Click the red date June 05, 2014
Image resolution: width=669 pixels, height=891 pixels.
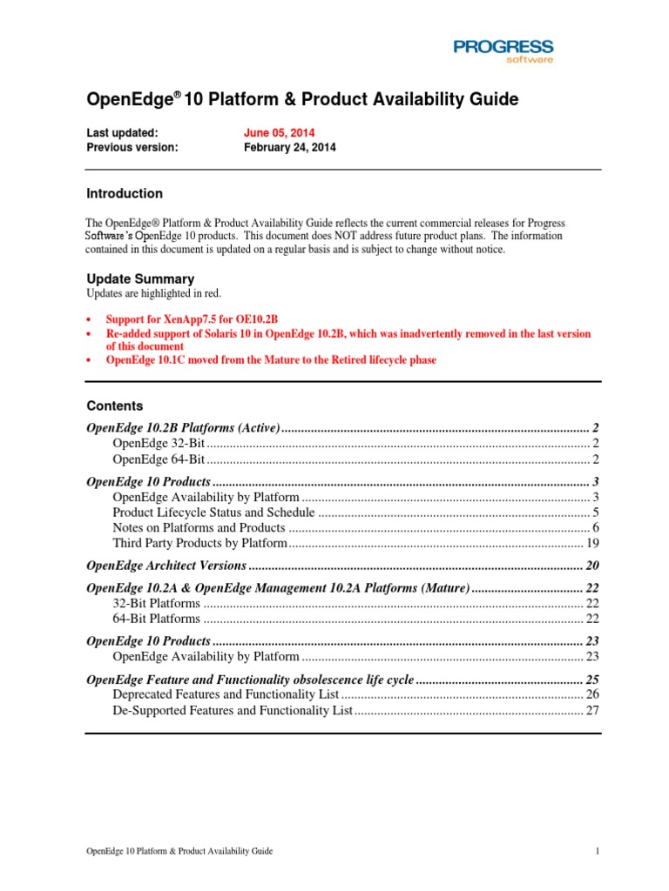point(279,133)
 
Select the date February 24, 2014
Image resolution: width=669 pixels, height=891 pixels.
point(289,148)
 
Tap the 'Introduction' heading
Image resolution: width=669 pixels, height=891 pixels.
point(124,194)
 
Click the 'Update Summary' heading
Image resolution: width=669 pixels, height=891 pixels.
point(140,279)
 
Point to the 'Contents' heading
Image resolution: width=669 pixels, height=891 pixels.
point(115,406)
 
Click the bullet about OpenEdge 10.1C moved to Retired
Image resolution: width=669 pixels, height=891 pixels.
point(271,360)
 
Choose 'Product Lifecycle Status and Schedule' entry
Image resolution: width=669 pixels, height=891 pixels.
point(213,512)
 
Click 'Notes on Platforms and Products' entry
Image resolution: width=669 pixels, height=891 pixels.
point(199,527)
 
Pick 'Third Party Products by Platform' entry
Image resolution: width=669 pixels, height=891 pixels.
point(199,543)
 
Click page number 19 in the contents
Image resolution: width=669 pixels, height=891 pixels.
point(592,543)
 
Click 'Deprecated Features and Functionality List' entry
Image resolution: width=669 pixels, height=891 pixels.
point(225,694)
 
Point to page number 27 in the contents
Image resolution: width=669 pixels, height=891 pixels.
point(592,710)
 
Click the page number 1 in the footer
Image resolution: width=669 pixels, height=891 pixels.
point(598,852)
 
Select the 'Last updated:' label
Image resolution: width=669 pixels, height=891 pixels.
point(122,133)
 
